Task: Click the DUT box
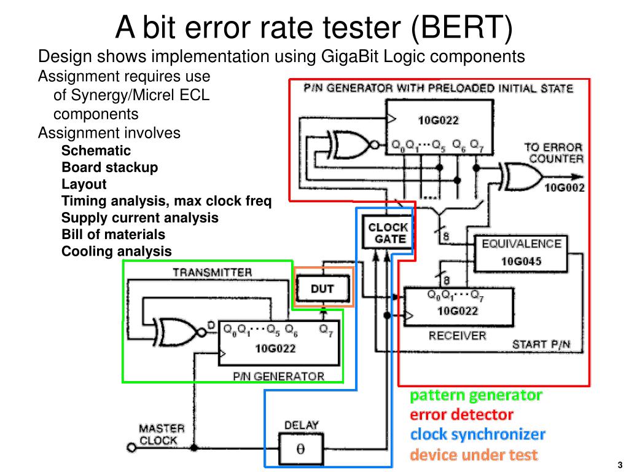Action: click(x=322, y=288)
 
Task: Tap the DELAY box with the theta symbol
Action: click(x=301, y=449)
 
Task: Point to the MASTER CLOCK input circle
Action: click(x=131, y=447)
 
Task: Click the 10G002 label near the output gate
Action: click(x=565, y=187)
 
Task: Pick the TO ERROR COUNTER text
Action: click(x=554, y=153)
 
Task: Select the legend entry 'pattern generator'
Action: click(x=476, y=395)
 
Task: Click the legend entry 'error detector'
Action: click(x=461, y=415)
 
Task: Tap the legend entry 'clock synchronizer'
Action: click(x=477, y=435)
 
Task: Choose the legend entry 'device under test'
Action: click(x=474, y=455)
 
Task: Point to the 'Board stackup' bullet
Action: click(x=109, y=167)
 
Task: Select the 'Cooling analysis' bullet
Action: click(x=116, y=251)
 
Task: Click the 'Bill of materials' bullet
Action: click(x=113, y=234)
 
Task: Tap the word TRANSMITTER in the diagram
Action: click(x=212, y=272)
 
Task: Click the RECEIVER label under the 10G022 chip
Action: click(x=457, y=336)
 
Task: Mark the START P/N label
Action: click(x=541, y=344)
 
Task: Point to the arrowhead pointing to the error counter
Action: click(x=577, y=176)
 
